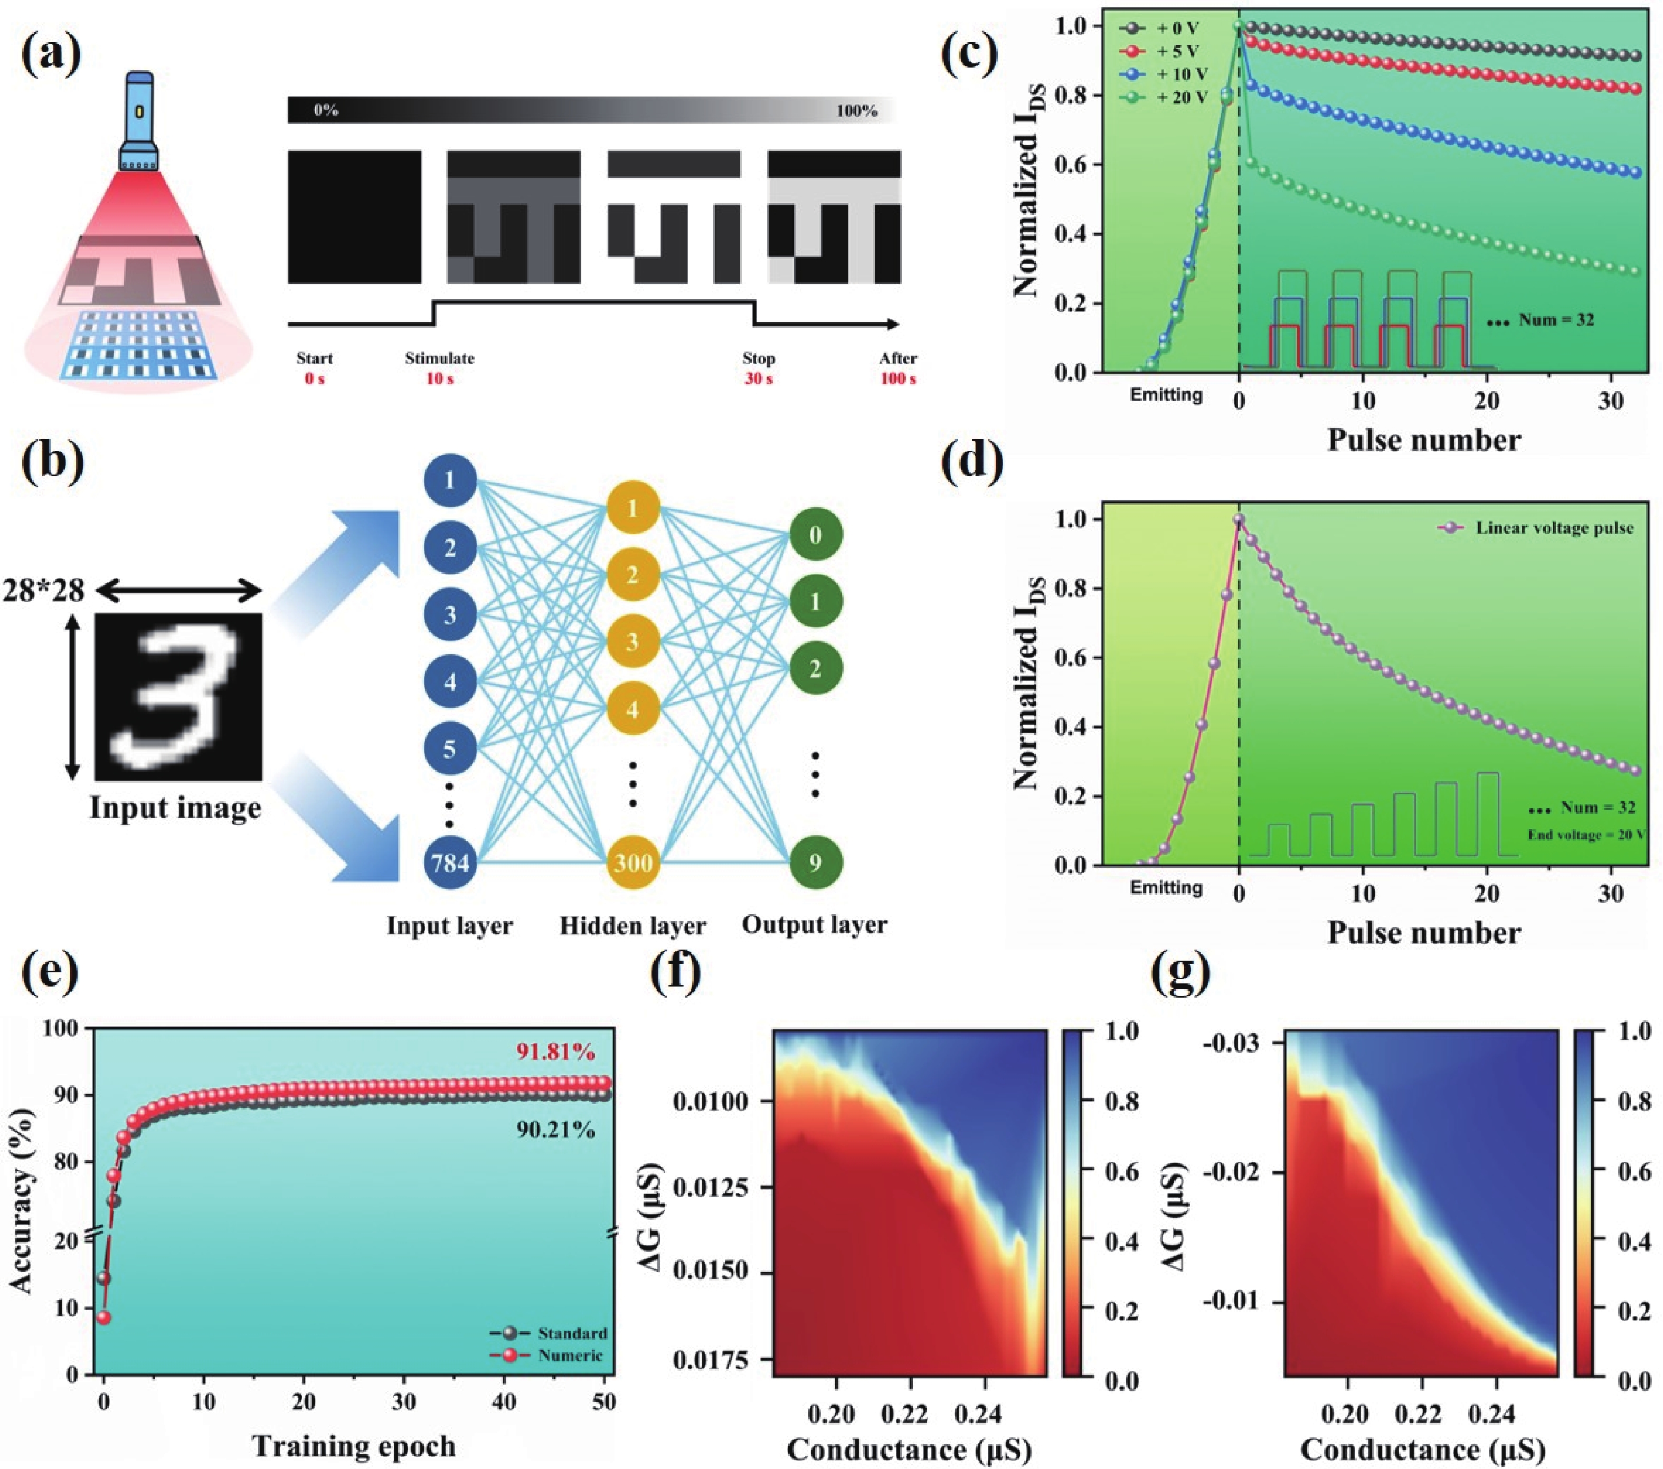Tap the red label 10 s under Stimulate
pos(439,379)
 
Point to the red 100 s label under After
pos(897,379)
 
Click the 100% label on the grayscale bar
pos(857,111)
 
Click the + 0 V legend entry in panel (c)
pos(1159,29)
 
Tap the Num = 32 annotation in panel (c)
pos(1541,320)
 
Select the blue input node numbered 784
pos(450,861)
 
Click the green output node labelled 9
pos(815,862)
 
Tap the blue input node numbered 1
pos(450,480)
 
